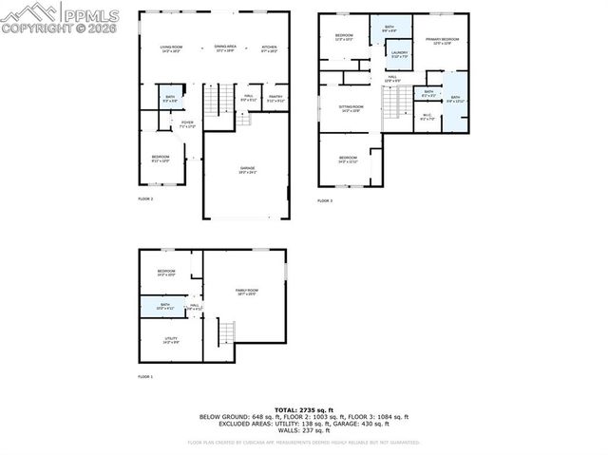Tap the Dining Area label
(x=225, y=47)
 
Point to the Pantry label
(x=275, y=97)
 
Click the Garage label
(x=247, y=170)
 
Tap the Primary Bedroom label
(x=442, y=41)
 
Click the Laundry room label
(x=399, y=54)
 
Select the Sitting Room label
(x=351, y=109)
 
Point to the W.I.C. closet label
(x=427, y=117)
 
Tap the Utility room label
(x=171, y=339)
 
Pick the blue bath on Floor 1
(x=165, y=306)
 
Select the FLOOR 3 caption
(x=325, y=200)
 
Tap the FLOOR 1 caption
(x=145, y=377)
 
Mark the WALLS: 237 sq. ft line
(x=304, y=429)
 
